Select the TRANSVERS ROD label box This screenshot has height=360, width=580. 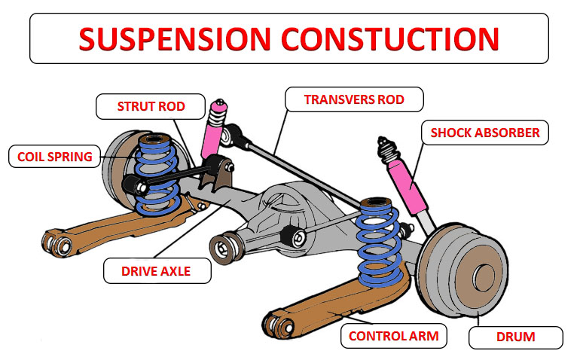[x=353, y=99]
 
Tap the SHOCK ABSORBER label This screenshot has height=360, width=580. [x=484, y=133]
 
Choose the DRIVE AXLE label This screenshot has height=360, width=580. [x=155, y=270]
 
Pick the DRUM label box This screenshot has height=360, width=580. [x=515, y=337]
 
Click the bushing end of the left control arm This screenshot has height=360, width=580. [x=57, y=243]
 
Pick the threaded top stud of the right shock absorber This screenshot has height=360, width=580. [x=385, y=144]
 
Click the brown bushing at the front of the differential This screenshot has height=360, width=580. [x=221, y=246]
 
